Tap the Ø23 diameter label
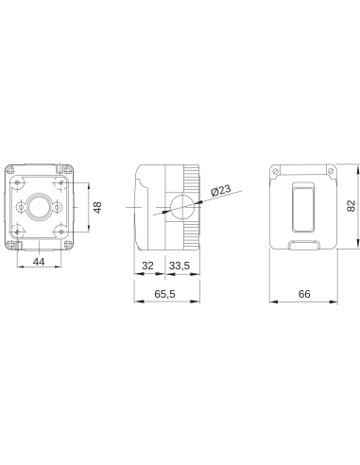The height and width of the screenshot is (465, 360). click(x=219, y=192)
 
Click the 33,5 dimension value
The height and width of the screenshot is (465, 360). click(x=180, y=267)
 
